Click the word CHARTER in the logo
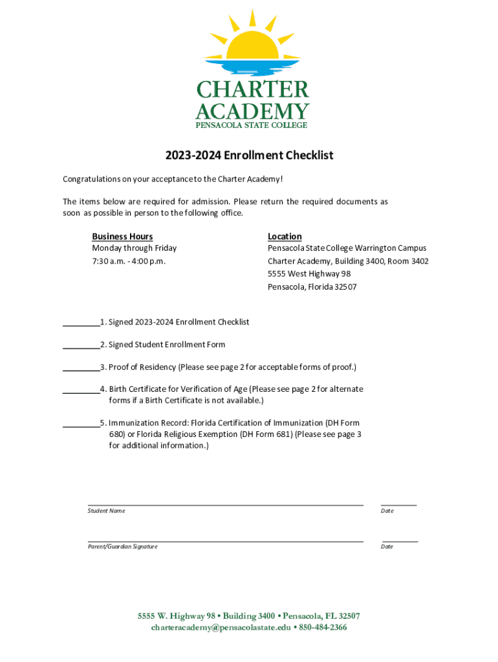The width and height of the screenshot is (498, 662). (x=252, y=90)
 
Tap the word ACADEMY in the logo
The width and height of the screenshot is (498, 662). (x=252, y=111)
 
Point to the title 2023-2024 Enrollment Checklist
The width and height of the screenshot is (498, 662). (x=249, y=155)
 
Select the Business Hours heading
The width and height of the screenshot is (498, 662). (x=122, y=237)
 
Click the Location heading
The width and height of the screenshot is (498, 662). (x=285, y=237)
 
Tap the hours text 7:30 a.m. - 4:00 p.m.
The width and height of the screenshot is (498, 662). (x=129, y=261)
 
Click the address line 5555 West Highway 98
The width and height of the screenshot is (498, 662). (x=309, y=274)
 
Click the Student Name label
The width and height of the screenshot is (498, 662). (x=107, y=511)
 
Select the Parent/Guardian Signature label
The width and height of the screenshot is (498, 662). (x=123, y=546)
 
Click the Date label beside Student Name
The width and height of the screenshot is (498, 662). (x=387, y=511)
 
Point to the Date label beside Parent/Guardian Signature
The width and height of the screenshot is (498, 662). (x=387, y=546)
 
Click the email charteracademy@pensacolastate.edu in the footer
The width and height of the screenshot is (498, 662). (x=221, y=627)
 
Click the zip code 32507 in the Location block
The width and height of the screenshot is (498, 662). (x=345, y=287)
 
